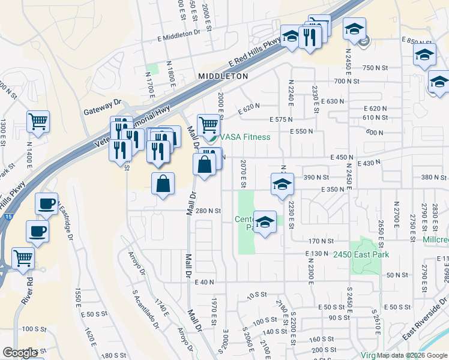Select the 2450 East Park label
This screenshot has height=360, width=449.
point(361,254)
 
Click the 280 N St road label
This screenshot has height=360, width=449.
point(208,211)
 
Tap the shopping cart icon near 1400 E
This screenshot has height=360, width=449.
point(38,121)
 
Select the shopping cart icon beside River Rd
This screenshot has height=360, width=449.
point(23,258)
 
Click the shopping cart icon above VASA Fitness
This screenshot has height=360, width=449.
point(208,124)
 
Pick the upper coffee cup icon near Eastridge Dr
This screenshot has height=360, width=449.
point(47,203)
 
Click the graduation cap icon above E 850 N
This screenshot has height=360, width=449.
point(354,28)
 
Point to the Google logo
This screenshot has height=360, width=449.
point(19,353)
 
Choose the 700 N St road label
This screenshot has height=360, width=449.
point(347,80)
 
